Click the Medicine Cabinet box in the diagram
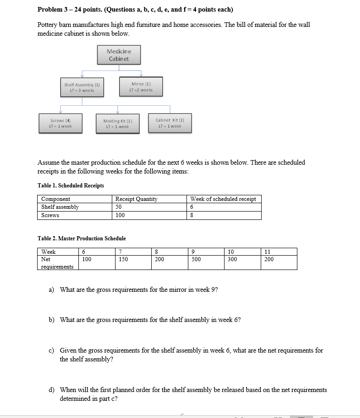pyautogui.click(x=119, y=55)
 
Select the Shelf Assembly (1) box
pyautogui.click(x=84, y=87)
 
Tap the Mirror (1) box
pyautogui.click(x=141, y=86)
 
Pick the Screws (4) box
pyautogui.click(x=60, y=123)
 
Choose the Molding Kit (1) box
pyautogui.click(x=118, y=123)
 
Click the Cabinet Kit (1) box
pyautogui.click(x=170, y=123)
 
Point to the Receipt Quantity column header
pyautogui.click(x=136, y=199)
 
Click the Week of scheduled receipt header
pyautogui.click(x=223, y=199)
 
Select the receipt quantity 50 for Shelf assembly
pyautogui.click(x=119, y=207)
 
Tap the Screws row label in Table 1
pyautogui.click(x=50, y=215)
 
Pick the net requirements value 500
pyautogui.click(x=196, y=260)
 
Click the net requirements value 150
pyautogui.click(x=123, y=260)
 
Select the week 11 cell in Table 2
pyautogui.click(x=267, y=252)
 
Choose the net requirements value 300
pyautogui.click(x=232, y=260)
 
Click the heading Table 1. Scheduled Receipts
pyautogui.click(x=71, y=186)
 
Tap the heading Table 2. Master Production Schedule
pyautogui.click(x=82, y=238)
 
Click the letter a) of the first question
pyautogui.click(x=51, y=290)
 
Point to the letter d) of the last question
pyautogui.click(x=51, y=390)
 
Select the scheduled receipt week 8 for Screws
pyautogui.click(x=192, y=215)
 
